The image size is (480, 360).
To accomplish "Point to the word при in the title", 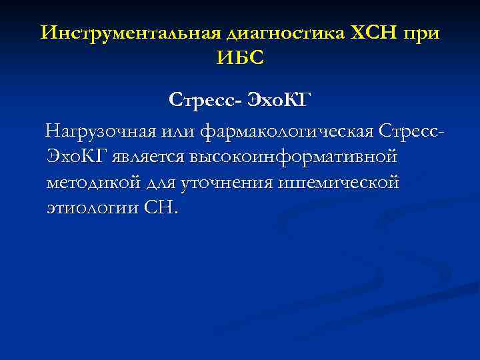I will [x=421, y=34].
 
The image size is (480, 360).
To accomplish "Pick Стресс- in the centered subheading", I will [x=205, y=101].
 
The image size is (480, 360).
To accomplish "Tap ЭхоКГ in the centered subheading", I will [x=279, y=101].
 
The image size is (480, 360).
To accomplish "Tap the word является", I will [x=151, y=157].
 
